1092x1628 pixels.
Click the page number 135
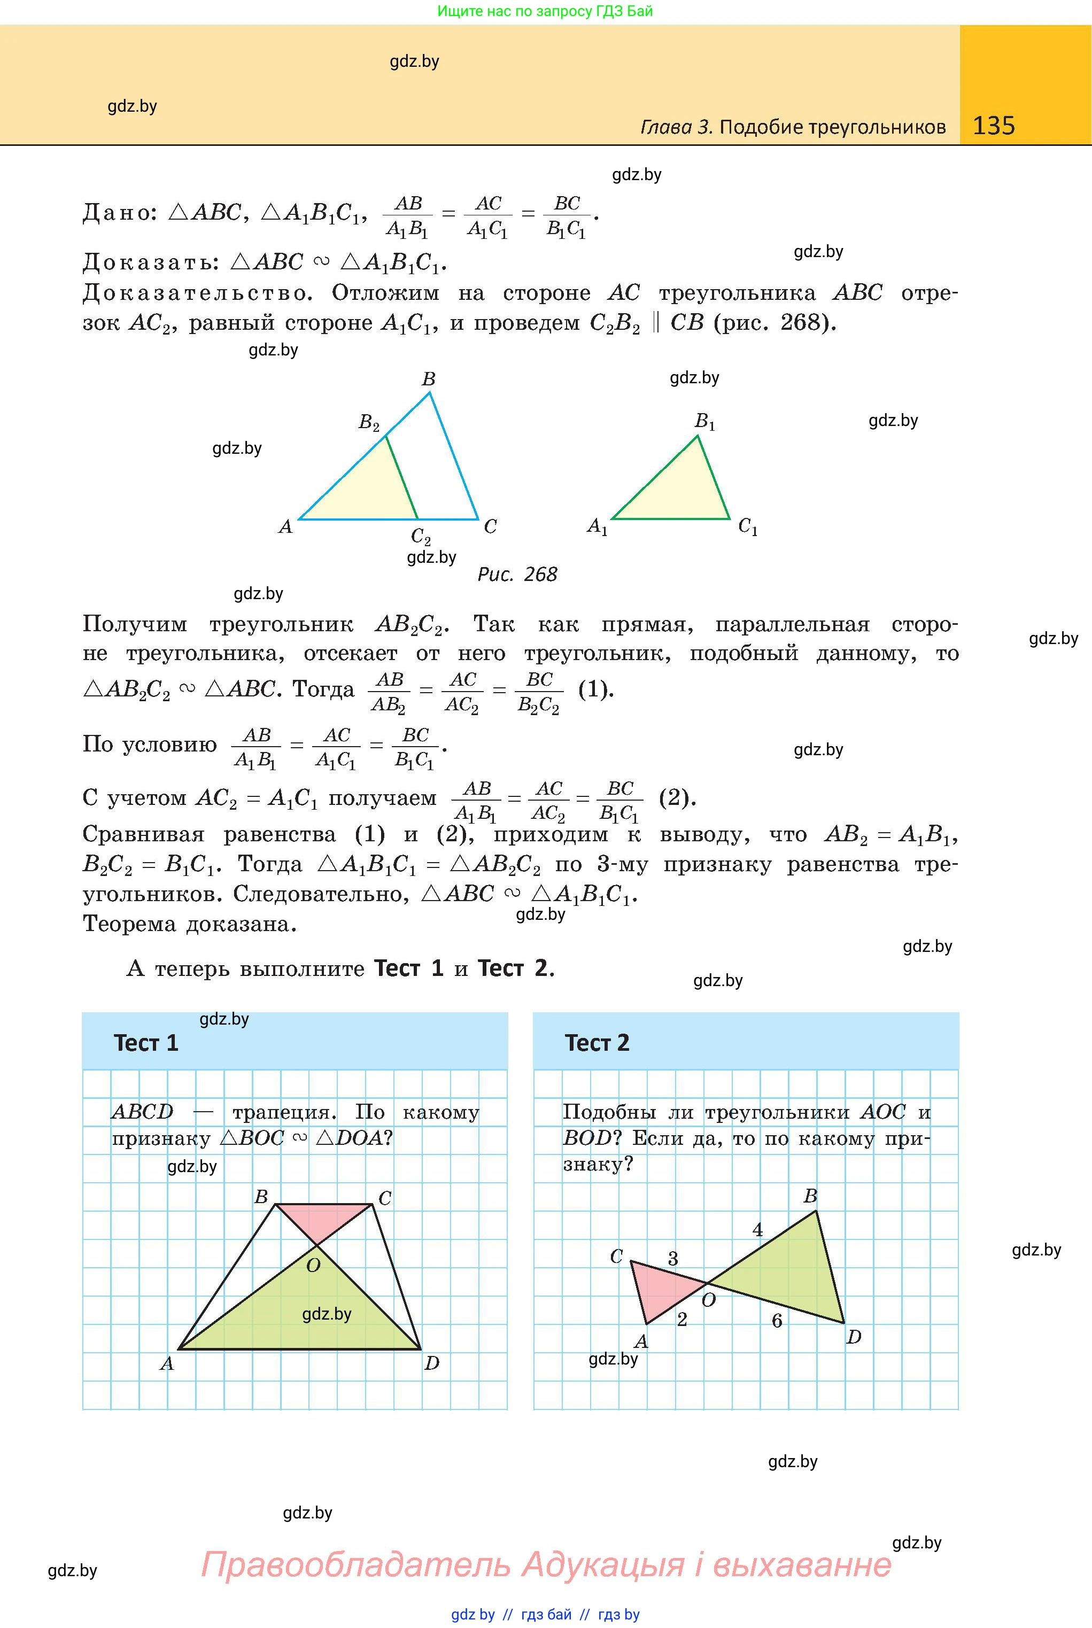point(993,126)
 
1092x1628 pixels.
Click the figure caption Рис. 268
point(517,575)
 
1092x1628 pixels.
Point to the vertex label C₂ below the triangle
point(421,536)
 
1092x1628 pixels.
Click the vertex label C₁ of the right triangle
point(748,526)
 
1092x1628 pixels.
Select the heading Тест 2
point(597,1042)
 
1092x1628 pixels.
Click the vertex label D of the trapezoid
point(432,1363)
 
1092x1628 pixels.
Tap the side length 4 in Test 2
point(758,1230)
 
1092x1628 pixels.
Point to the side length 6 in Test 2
point(777,1320)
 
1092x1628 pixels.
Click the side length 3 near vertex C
point(673,1258)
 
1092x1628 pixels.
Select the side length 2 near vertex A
point(682,1320)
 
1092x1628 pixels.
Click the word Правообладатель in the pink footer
point(355,1564)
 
